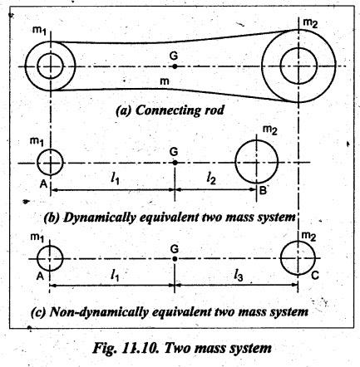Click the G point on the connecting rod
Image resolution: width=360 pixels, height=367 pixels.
175,66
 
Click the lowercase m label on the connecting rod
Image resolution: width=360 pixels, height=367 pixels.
165,81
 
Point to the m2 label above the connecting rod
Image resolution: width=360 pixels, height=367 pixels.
310,23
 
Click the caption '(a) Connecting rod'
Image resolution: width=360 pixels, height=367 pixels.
170,110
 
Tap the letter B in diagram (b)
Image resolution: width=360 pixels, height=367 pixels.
263,190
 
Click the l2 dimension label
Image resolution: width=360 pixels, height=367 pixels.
211,179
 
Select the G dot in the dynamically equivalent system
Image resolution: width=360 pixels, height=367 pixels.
175,163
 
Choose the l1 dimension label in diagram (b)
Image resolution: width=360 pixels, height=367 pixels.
115,179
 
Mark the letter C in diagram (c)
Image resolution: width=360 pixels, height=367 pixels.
315,276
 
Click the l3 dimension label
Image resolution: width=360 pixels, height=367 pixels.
239,276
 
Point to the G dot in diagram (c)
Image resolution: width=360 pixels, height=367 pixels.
175,259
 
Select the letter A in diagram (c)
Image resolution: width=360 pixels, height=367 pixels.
41,276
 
